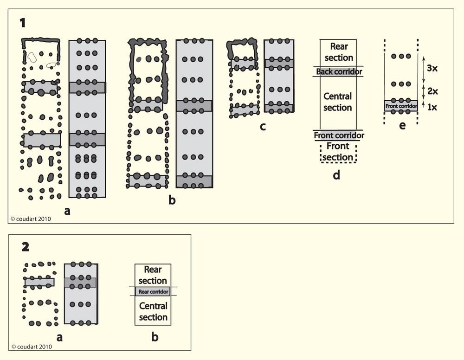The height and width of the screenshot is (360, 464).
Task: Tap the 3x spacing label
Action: [x=433, y=67]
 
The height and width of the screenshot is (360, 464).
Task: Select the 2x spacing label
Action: [x=433, y=90]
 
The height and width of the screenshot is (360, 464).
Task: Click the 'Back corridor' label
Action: [x=339, y=71]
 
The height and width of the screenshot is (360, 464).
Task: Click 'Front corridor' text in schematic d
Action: [x=339, y=135]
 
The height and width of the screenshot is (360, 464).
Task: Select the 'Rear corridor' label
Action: [x=153, y=292]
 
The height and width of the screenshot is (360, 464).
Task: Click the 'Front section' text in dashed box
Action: [x=338, y=151]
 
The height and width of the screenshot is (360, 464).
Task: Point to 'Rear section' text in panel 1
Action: [x=339, y=51]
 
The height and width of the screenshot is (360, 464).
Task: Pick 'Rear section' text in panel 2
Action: [x=153, y=275]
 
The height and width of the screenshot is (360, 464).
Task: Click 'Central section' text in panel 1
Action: [x=338, y=102]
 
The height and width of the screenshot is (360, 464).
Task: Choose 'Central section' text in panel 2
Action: [x=153, y=312]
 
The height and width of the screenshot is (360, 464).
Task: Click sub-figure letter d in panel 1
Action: [x=337, y=175]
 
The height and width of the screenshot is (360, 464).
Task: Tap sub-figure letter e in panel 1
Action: [x=402, y=125]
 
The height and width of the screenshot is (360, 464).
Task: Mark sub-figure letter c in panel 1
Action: [x=263, y=126]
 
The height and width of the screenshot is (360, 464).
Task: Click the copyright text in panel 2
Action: [x=32, y=346]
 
